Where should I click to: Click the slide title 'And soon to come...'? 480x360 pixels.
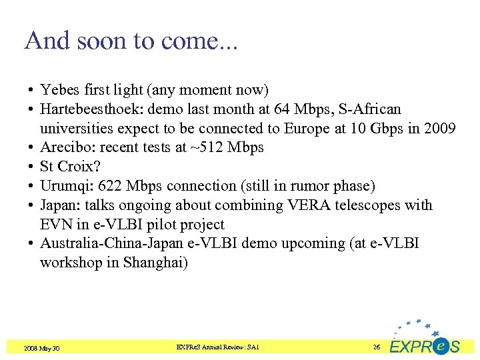click(131, 41)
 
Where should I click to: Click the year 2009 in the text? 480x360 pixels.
click(439, 128)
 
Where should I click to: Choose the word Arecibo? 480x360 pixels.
click(65, 147)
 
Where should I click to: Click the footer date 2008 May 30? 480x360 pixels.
click(41, 348)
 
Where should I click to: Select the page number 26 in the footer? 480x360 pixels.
click(377, 347)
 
